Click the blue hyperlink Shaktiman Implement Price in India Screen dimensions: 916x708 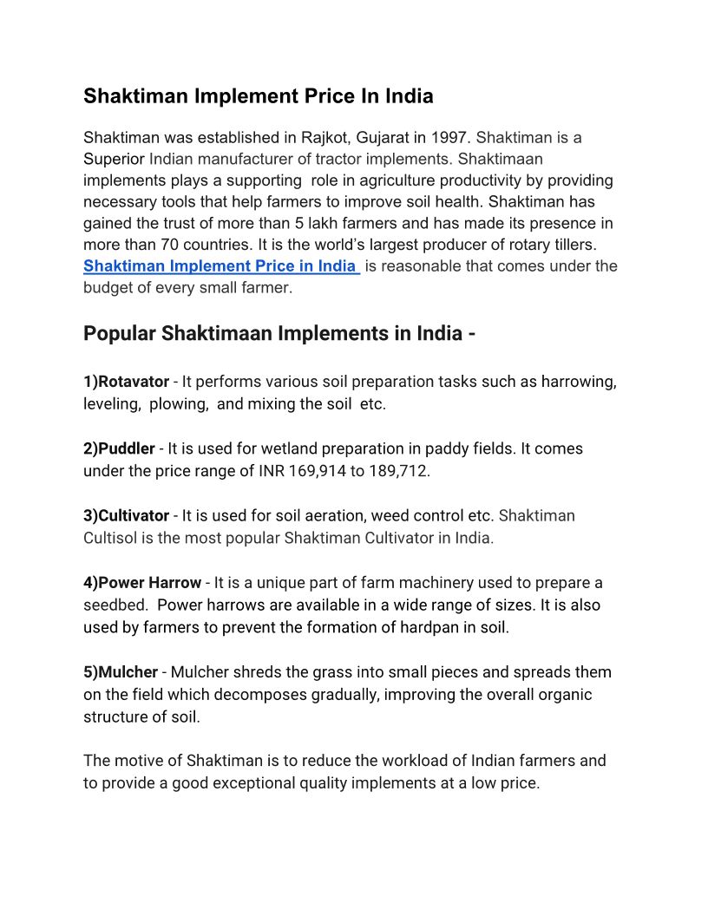tap(220, 266)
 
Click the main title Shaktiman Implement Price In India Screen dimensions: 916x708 tap(258, 96)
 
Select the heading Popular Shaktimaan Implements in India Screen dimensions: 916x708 tap(279, 334)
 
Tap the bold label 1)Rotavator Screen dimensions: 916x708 tap(126, 383)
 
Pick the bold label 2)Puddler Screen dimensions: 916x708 tap(119, 449)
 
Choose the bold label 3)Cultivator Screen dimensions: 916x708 tap(126, 516)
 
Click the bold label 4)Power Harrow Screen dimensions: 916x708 tap(142, 583)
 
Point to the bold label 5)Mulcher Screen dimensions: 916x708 tap(121, 672)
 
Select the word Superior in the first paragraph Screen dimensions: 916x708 tap(114, 160)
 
